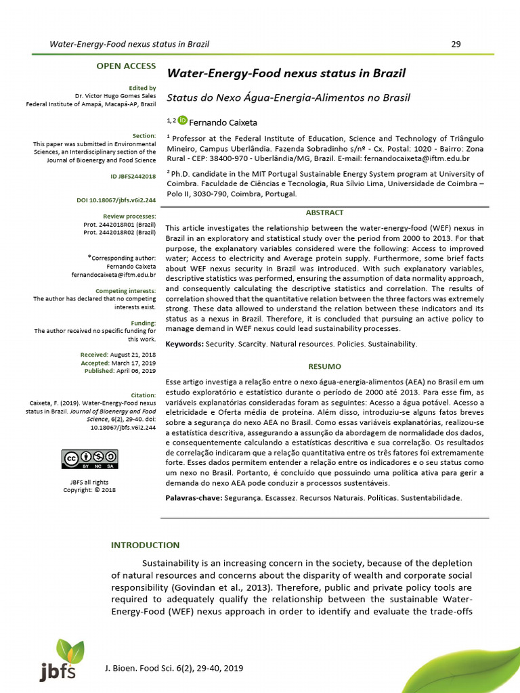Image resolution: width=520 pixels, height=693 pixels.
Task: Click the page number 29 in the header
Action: [456, 45]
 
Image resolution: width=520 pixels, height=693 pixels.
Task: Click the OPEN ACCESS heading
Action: [126, 66]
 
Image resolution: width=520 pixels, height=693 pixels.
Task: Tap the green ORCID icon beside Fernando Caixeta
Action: [183, 120]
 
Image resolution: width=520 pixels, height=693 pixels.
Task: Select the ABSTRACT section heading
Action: [324, 213]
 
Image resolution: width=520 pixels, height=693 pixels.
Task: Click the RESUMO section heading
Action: [324, 366]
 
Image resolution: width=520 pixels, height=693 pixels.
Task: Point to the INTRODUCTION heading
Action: [146, 545]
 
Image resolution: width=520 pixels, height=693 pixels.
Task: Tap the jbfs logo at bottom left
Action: [61, 660]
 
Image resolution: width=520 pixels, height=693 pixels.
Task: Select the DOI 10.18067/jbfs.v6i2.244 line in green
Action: [116, 200]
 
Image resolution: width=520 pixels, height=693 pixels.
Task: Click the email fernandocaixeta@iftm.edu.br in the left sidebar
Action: [114, 275]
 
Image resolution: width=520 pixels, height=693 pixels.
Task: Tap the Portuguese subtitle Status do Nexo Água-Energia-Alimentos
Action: [288, 97]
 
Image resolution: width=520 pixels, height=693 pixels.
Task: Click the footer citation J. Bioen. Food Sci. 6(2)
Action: [173, 668]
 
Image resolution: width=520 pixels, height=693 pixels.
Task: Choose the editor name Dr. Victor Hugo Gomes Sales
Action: [115, 96]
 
